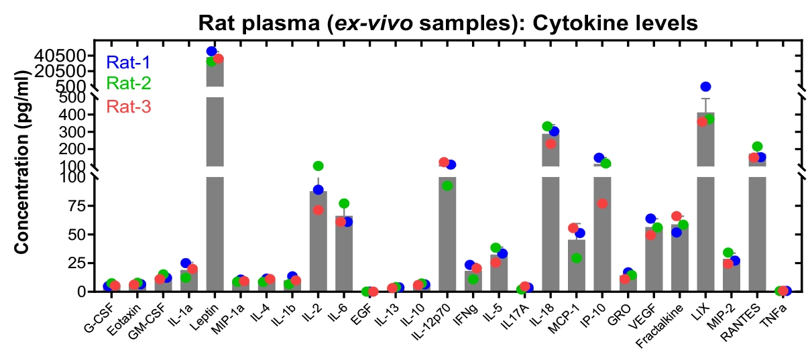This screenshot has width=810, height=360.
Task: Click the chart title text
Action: pos(449,23)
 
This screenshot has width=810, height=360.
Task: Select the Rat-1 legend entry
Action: pos(128,63)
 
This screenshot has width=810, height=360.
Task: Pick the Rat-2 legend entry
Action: pos(128,84)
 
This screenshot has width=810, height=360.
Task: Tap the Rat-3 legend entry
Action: pos(128,106)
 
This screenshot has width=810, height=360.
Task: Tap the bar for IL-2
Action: pos(318,241)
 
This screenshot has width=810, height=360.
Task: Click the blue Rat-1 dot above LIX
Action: pos(705,86)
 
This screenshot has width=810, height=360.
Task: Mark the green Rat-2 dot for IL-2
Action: pos(318,166)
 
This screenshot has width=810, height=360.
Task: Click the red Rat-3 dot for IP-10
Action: pos(602,203)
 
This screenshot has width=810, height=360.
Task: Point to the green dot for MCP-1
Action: pos(576,258)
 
